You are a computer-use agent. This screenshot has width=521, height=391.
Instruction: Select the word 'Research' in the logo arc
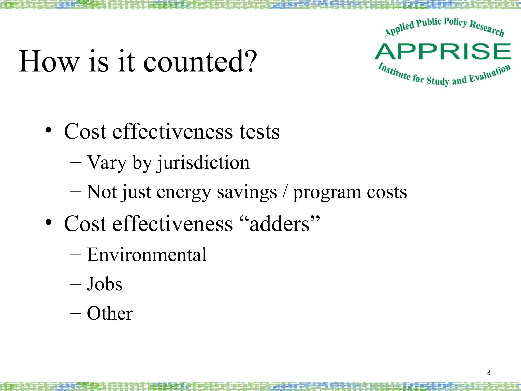click(486, 28)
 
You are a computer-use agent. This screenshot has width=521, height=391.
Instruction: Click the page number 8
click(489, 372)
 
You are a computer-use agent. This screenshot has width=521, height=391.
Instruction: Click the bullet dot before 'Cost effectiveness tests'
click(48, 130)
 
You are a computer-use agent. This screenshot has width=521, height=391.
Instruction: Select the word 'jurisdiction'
click(204, 163)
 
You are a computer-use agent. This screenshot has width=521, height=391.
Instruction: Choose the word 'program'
click(327, 193)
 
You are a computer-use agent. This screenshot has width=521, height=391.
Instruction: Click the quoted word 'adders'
click(280, 224)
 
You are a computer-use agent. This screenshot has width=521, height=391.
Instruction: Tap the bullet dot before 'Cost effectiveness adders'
click(48, 222)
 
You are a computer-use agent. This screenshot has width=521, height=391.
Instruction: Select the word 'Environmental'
click(147, 255)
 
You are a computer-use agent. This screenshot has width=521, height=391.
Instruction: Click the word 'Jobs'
click(105, 284)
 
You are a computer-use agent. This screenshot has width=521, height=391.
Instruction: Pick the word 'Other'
click(110, 313)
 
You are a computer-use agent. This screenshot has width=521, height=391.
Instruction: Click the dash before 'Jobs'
click(75, 284)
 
